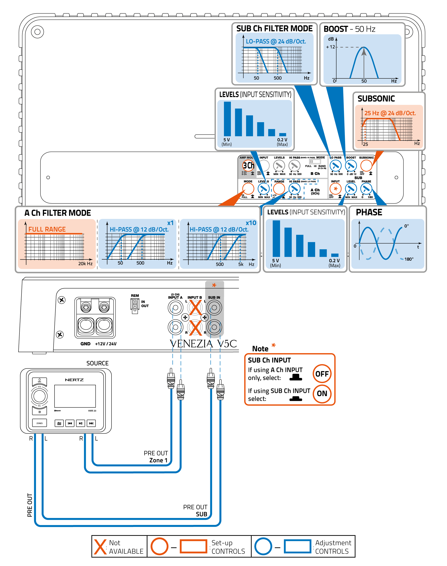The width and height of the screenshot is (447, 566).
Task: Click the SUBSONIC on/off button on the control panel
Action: click(x=366, y=166)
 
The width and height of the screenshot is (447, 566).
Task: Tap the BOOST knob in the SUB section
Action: click(x=351, y=166)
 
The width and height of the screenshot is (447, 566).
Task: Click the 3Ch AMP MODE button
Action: click(x=248, y=165)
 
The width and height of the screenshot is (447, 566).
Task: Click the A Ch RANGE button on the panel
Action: click(x=279, y=189)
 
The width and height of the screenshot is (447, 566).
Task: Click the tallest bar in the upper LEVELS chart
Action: click(x=227, y=119)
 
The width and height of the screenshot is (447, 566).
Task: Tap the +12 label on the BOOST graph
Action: click(x=330, y=47)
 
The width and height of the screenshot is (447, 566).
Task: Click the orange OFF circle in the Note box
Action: click(x=322, y=374)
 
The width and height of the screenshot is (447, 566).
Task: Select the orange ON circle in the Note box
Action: click(x=322, y=393)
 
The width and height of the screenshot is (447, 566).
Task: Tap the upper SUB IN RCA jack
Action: click(x=214, y=308)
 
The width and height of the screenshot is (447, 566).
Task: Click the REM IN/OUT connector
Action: click(x=135, y=305)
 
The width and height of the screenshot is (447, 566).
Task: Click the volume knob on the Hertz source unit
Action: click(x=39, y=396)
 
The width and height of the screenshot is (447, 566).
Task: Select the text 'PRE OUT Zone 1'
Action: click(x=156, y=457)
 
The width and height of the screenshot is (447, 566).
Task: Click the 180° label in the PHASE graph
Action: click(x=409, y=259)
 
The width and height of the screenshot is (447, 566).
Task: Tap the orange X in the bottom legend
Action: click(x=100, y=547)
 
